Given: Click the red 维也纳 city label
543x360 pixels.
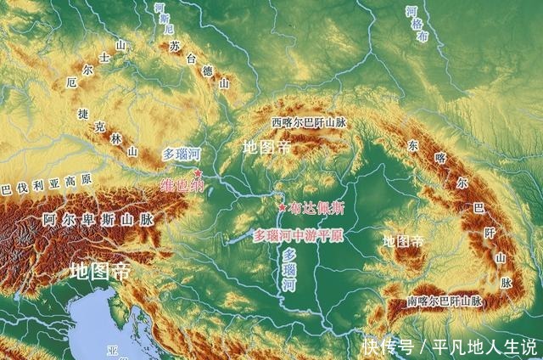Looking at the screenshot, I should click(x=182, y=184).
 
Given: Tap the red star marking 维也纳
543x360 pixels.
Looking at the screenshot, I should click(x=199, y=172).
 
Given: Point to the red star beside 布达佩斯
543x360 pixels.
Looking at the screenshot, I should click(x=282, y=206).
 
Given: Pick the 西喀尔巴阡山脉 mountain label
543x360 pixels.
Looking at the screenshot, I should click(x=309, y=123).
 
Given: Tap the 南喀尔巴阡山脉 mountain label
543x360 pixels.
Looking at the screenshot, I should click(x=444, y=301).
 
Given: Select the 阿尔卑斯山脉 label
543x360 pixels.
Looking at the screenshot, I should click(x=98, y=218).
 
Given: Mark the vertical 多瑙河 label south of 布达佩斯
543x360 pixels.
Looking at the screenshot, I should click(x=289, y=271).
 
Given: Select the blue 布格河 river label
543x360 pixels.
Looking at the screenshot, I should click(x=413, y=24).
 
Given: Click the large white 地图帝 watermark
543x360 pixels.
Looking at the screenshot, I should click(x=99, y=272).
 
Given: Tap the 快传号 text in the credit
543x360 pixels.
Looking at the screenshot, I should click(x=389, y=346).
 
